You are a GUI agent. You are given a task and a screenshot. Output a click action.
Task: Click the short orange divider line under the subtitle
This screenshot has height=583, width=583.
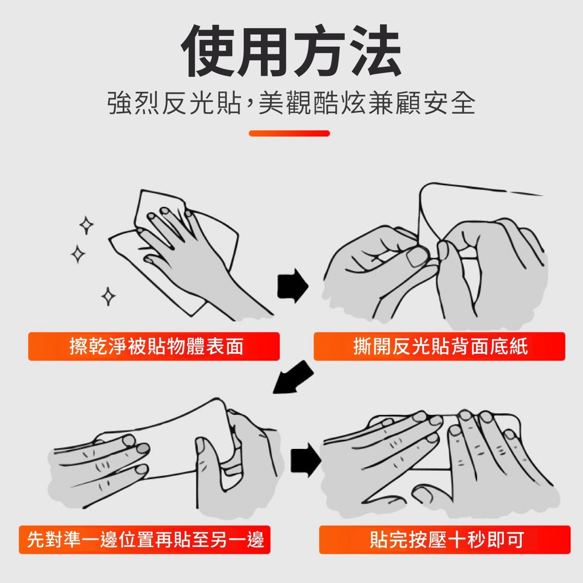tap(289, 134)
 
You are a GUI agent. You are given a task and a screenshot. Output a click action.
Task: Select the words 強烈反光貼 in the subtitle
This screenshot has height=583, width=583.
tap(175, 103)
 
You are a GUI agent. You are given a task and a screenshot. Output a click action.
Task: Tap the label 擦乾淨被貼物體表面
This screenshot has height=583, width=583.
tap(156, 346)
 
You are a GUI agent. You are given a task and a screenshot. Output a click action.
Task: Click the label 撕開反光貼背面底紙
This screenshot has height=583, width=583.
tap(441, 346)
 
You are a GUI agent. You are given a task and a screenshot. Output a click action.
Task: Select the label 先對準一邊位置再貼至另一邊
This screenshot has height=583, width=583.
tap(145, 539)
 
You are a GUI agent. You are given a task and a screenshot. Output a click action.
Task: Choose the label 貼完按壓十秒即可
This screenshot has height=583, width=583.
tap(446, 539)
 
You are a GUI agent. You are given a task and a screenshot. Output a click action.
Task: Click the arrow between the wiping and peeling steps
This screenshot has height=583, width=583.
tap(292, 286)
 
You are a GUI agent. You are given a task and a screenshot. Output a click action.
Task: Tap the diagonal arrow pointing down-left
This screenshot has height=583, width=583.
tap(292, 377)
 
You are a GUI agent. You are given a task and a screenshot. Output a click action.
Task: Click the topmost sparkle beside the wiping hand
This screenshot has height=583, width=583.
tap(86, 225)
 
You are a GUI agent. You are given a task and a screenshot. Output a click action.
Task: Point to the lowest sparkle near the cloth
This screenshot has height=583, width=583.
tap(108, 296)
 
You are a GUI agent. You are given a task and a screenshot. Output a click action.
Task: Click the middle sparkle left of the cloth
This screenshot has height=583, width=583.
tap(78, 254)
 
